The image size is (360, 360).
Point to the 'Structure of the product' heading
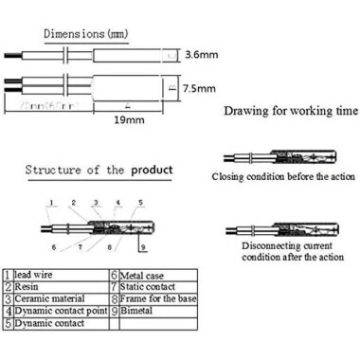point(99,171)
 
